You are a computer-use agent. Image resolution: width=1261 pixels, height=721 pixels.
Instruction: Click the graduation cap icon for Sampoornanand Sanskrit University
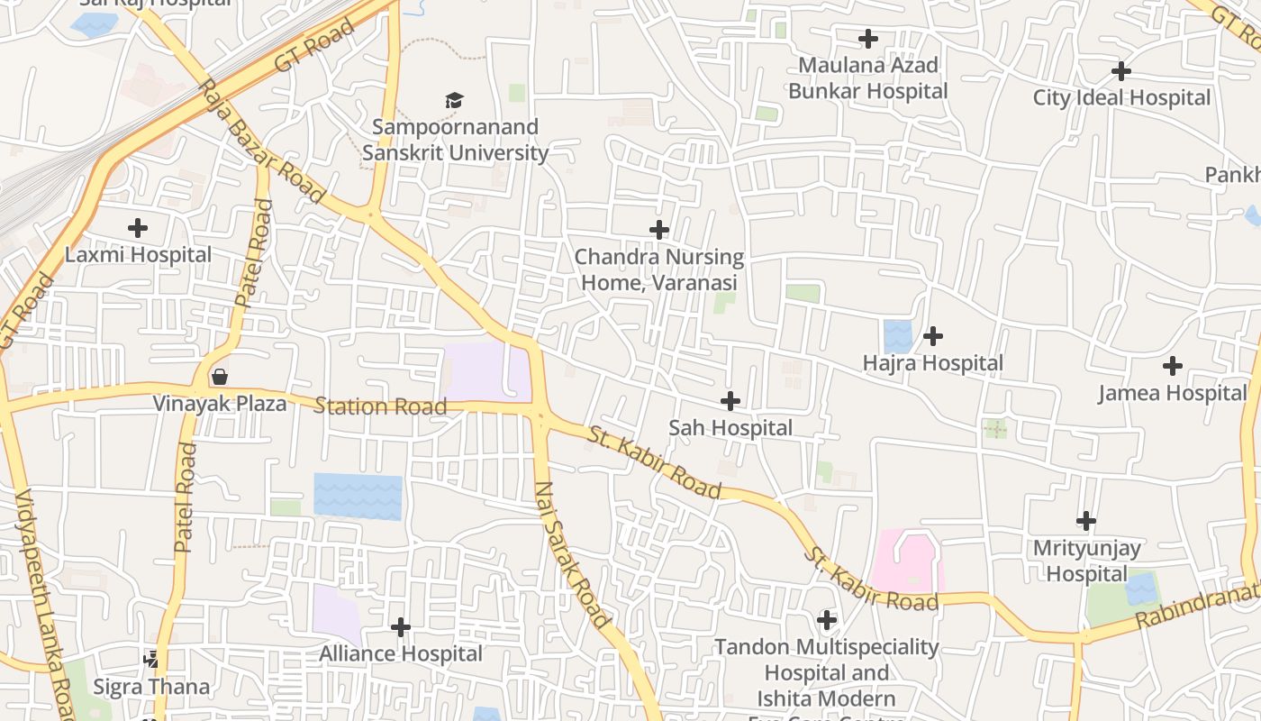click(455, 100)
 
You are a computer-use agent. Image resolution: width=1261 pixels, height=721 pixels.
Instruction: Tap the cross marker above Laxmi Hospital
click(138, 227)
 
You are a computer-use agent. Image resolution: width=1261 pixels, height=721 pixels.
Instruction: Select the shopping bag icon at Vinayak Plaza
click(219, 376)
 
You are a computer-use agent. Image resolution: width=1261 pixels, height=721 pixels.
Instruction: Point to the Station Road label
click(380, 406)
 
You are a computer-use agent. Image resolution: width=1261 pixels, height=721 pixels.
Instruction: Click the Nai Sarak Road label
click(572, 554)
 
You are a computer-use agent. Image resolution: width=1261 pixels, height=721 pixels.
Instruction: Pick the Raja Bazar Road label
click(260, 141)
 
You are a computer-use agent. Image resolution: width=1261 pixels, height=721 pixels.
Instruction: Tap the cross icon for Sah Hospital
click(730, 401)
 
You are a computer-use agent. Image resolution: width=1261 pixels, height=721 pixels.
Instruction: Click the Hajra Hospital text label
click(932, 363)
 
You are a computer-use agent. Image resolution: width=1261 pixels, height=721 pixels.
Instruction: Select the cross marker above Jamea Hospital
click(1172, 366)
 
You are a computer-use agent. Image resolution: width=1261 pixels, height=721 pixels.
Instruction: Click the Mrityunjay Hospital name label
click(1086, 561)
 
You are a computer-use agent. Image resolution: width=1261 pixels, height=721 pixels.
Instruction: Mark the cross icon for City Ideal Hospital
click(1121, 70)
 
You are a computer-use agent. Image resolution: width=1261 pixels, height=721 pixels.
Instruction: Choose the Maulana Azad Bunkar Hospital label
click(868, 78)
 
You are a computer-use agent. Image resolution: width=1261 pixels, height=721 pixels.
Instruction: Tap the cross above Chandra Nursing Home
click(659, 230)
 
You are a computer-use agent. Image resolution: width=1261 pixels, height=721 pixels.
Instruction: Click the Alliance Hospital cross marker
click(401, 626)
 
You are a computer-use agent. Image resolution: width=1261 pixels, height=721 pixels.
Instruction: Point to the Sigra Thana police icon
click(151, 660)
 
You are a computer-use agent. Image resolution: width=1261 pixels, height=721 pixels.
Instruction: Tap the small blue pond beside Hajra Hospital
click(898, 336)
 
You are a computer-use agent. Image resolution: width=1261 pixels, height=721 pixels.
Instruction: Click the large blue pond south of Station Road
click(358, 497)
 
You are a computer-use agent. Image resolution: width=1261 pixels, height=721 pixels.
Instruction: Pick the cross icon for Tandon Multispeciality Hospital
click(826, 620)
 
